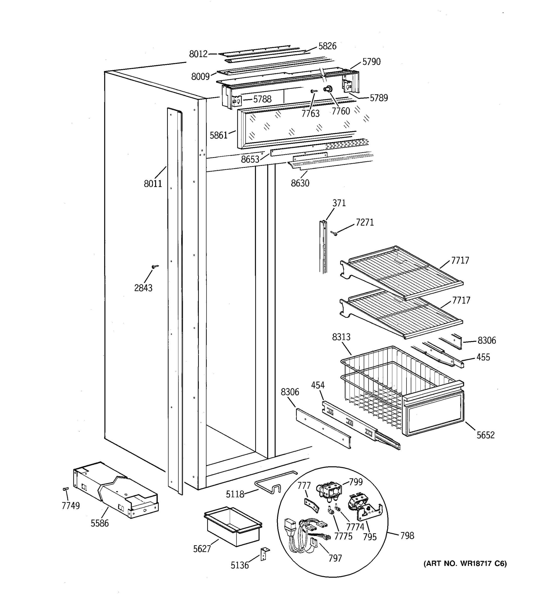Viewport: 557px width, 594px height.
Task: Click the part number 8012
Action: pyautogui.click(x=198, y=54)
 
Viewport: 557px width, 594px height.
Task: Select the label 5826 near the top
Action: pyautogui.click(x=327, y=46)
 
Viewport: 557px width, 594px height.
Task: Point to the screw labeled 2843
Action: pyautogui.click(x=155, y=266)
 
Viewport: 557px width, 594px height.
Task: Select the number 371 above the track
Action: pyautogui.click(x=339, y=203)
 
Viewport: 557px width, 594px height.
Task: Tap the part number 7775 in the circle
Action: pyautogui.click(x=343, y=536)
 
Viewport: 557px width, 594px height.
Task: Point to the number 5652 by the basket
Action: pyautogui.click(x=485, y=435)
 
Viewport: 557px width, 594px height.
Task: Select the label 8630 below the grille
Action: pyautogui.click(x=300, y=183)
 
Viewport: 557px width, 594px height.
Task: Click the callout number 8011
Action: pyautogui.click(x=153, y=183)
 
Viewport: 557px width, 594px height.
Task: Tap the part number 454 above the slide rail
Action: pyautogui.click(x=318, y=385)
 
